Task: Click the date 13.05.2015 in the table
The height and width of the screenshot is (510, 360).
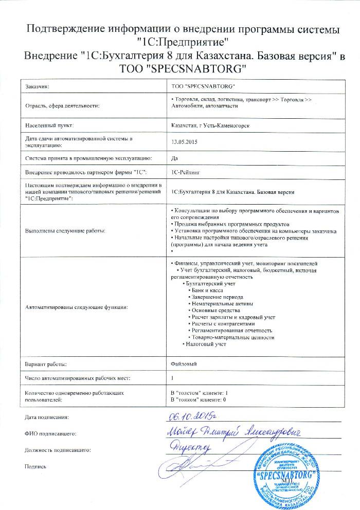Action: tap(183, 141)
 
